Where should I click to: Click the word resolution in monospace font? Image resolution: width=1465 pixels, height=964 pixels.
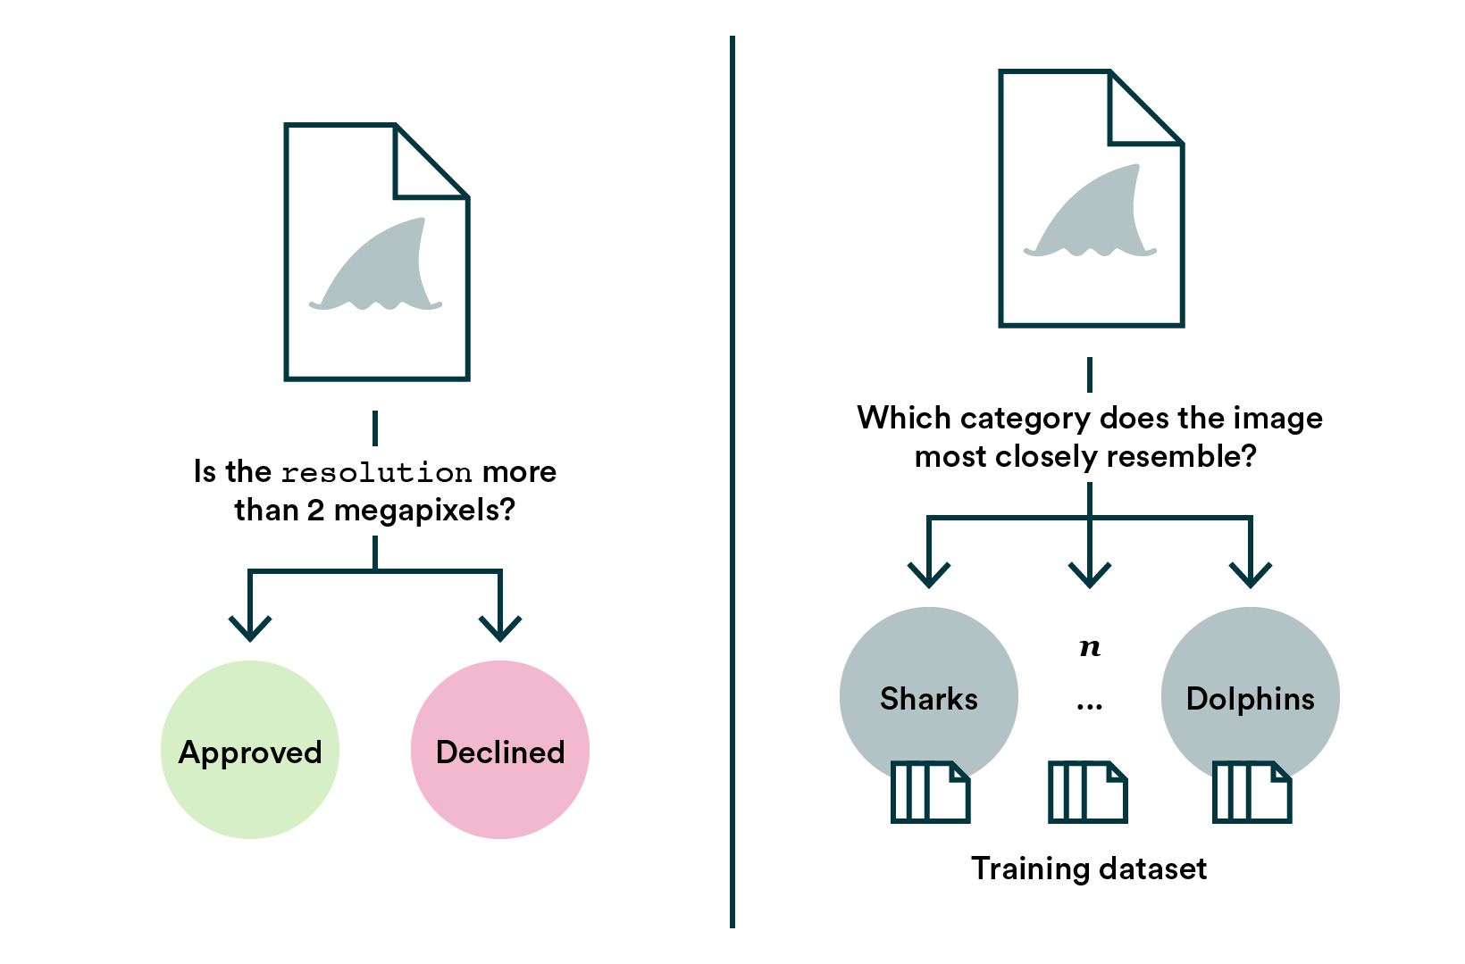[x=376, y=472]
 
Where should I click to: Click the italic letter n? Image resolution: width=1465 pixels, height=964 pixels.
[x=1089, y=647]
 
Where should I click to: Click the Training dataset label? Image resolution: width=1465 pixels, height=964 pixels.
[x=1089, y=868]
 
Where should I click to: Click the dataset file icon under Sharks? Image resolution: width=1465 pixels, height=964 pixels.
[x=930, y=792]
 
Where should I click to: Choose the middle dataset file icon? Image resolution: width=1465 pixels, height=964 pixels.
[x=1087, y=792]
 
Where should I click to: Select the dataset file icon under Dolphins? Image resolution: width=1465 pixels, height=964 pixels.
[x=1252, y=792]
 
